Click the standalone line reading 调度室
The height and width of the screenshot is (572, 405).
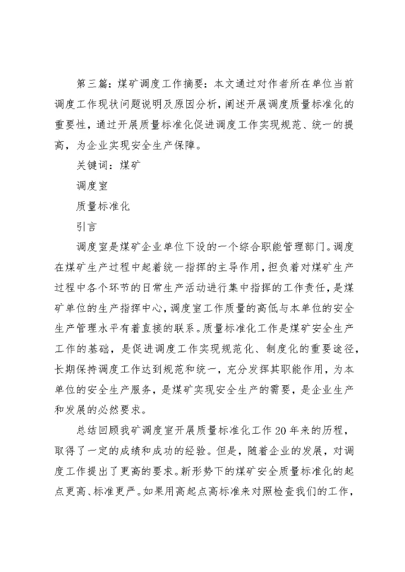92,186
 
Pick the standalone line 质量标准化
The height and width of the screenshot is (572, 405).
103,206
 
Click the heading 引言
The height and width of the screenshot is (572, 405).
86,226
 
